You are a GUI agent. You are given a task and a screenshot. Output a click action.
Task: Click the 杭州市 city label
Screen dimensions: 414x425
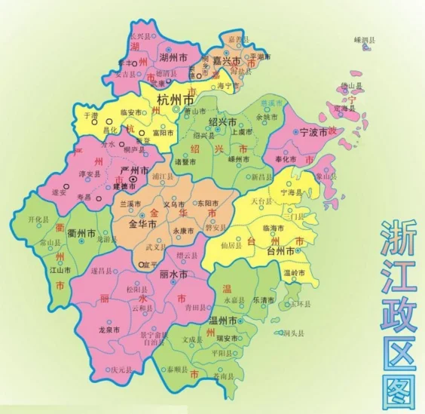click(175, 100)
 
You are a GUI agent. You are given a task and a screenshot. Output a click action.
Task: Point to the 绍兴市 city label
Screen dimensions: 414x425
click(222, 122)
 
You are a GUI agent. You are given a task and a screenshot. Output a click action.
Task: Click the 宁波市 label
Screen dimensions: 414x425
click(313, 132)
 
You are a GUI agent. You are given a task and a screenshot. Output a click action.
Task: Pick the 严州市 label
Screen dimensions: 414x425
click(133, 170)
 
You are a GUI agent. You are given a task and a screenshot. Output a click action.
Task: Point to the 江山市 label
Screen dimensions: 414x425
click(60, 269)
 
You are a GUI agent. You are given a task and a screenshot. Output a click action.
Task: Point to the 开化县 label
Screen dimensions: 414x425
click(38, 219)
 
